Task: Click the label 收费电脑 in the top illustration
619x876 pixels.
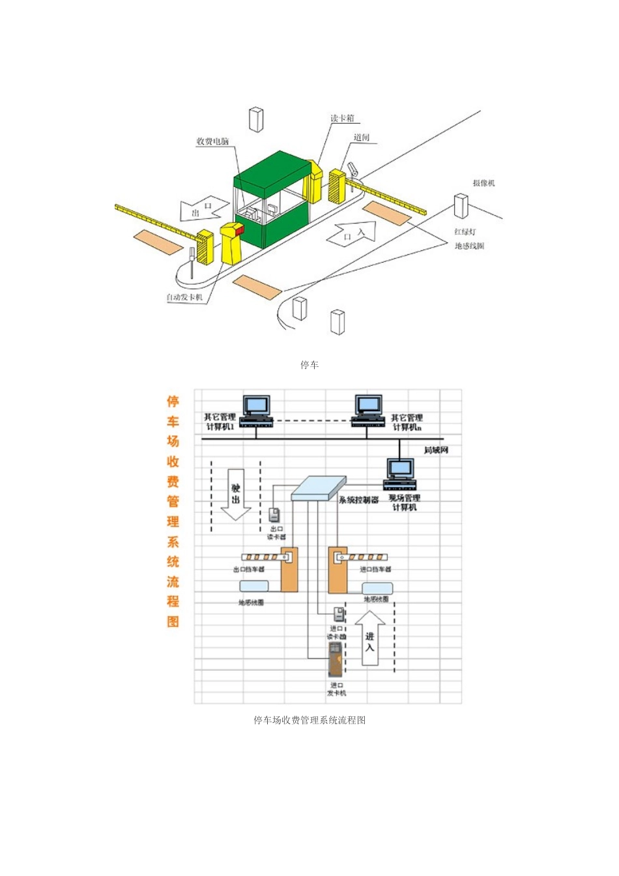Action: click(213, 141)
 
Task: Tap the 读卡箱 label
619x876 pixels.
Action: click(341, 118)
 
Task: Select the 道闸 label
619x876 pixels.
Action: click(362, 138)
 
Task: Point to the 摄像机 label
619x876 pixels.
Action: click(483, 183)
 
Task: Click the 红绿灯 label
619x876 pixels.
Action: click(465, 232)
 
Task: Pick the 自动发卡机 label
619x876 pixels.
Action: click(184, 297)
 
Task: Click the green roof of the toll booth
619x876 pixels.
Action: click(272, 168)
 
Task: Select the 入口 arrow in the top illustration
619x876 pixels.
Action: click(353, 233)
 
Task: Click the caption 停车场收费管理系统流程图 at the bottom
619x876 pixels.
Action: click(309, 720)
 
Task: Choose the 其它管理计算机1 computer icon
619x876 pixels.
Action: click(256, 410)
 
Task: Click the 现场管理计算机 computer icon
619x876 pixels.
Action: click(400, 474)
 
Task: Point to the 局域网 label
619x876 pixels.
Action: click(436, 450)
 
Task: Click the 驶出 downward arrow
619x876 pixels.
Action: click(235, 494)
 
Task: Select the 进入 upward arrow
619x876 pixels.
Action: click(369, 638)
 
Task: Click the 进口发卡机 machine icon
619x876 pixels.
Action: click(335, 659)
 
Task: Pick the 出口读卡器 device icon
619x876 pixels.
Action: click(275, 514)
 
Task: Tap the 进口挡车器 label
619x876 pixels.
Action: click(375, 570)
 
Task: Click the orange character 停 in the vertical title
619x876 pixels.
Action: click(173, 401)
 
